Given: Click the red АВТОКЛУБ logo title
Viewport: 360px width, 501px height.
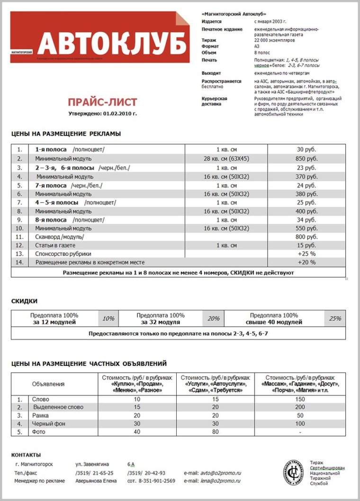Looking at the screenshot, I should point(112,44).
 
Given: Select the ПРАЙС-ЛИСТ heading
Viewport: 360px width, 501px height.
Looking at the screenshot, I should point(102,102).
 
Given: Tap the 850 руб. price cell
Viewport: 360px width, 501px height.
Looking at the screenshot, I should point(306,159).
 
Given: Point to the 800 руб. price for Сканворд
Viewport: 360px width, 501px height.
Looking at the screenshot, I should point(306,237).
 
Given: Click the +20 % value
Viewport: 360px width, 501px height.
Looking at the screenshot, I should point(306,262).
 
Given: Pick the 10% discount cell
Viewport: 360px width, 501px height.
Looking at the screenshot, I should point(108,319).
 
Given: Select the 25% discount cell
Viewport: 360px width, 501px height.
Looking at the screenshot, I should point(335,319).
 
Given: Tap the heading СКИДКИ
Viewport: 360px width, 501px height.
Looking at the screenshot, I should point(24,301).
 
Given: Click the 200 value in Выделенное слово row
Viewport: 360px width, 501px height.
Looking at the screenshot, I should point(299,407).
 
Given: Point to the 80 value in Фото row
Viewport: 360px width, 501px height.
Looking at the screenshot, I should point(216,432).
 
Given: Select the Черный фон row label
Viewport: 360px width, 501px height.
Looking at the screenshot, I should point(48,424).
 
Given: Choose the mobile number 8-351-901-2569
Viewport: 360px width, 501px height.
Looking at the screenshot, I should point(151,481).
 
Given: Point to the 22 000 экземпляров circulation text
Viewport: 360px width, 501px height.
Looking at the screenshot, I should point(274,41).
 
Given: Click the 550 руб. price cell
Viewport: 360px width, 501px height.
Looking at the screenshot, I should point(306,228).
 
